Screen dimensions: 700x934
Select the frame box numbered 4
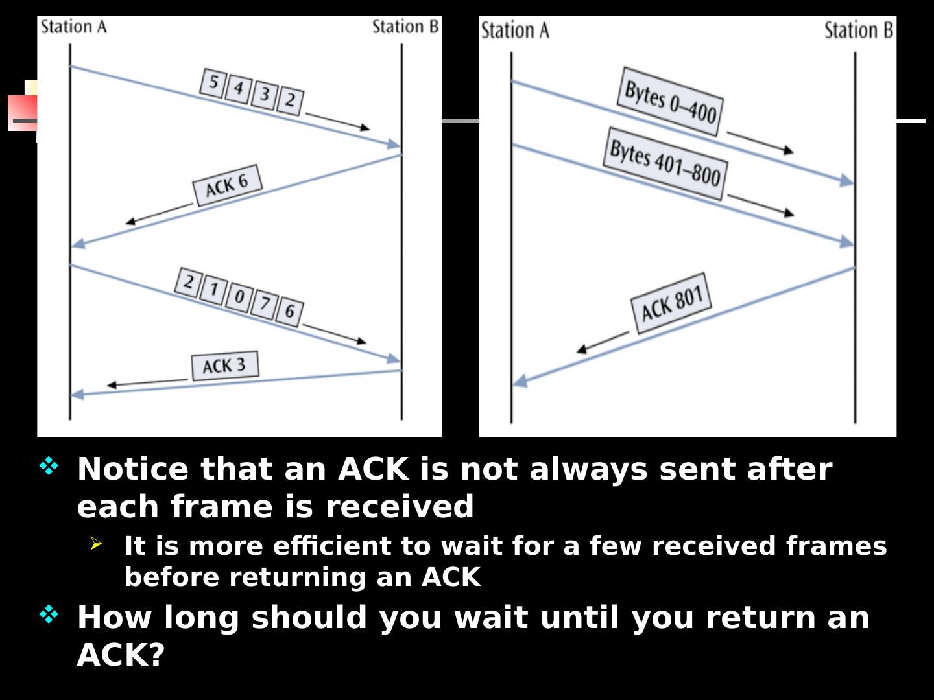pyautogui.click(x=238, y=88)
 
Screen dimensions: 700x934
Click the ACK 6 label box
pyautogui.click(x=228, y=185)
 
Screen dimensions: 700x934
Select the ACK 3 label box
pyautogui.click(x=225, y=366)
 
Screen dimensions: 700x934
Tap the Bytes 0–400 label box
pyautogui.click(x=670, y=102)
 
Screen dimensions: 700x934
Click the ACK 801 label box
pyautogui.click(x=672, y=304)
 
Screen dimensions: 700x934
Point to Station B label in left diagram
pyautogui.click(x=405, y=27)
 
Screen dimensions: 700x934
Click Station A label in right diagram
pyautogui.click(x=515, y=30)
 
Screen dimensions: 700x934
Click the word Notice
pyautogui.click(x=132, y=469)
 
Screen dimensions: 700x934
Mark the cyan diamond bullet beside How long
pyautogui.click(x=49, y=614)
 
